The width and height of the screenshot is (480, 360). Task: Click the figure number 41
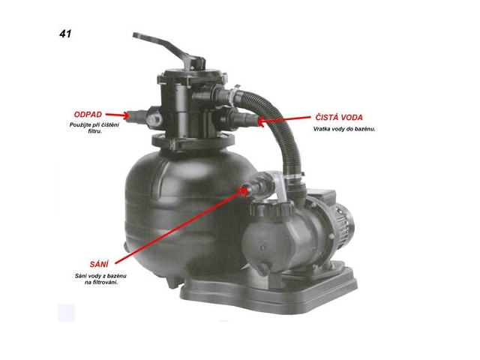pyautogui.click(x=65, y=34)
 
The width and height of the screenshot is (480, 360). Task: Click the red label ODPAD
pyautogui.click(x=88, y=115)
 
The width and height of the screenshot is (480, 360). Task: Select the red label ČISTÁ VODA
pyautogui.click(x=339, y=117)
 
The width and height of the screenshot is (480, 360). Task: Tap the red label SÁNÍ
pyautogui.click(x=99, y=263)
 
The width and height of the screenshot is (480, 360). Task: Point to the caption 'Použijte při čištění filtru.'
pyautogui.click(x=94, y=128)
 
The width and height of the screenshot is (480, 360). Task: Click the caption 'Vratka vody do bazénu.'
pyautogui.click(x=344, y=129)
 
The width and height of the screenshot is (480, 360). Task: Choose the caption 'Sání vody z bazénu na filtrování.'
pyautogui.click(x=100, y=279)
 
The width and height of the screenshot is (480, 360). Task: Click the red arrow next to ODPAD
pyautogui.click(x=117, y=115)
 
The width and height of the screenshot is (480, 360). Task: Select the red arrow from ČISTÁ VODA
pyautogui.click(x=284, y=119)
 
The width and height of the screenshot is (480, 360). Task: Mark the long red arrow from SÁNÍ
pyautogui.click(x=181, y=226)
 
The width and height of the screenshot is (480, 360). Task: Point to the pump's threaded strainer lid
pyautogui.click(x=271, y=210)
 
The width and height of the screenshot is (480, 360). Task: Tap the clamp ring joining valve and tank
pyautogui.click(x=193, y=142)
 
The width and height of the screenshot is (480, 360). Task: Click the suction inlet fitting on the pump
pyautogui.click(x=256, y=185)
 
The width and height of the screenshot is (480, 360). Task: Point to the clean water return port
pyautogui.click(x=241, y=118)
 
